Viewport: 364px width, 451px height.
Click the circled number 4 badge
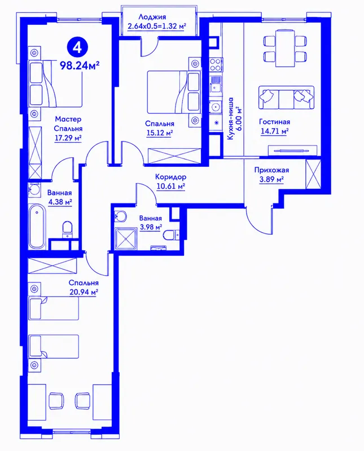pyautogui.click(x=77, y=47)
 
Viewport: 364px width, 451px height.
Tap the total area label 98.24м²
pyautogui.click(x=80, y=66)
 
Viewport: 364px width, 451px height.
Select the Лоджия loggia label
pyautogui.click(x=152, y=17)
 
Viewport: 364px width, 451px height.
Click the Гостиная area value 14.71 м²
pyautogui.click(x=275, y=131)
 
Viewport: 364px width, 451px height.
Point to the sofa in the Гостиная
pyautogui.click(x=286, y=97)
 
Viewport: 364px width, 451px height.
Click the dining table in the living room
pyautogui.click(x=285, y=48)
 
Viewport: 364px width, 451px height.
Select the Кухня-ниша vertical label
pyautogui.click(x=233, y=118)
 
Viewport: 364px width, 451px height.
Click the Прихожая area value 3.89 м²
pyautogui.click(x=271, y=180)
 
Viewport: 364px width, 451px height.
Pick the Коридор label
pyautogui.click(x=171, y=176)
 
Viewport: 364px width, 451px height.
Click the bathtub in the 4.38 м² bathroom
pyautogui.click(x=37, y=227)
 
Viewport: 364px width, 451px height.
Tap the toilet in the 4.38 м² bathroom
pyautogui.click(x=67, y=229)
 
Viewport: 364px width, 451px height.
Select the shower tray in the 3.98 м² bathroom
pyautogui.click(x=126, y=238)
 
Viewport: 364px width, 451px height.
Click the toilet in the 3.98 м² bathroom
pyautogui.click(x=170, y=235)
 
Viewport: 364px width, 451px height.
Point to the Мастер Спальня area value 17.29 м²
pyautogui.click(x=68, y=138)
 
